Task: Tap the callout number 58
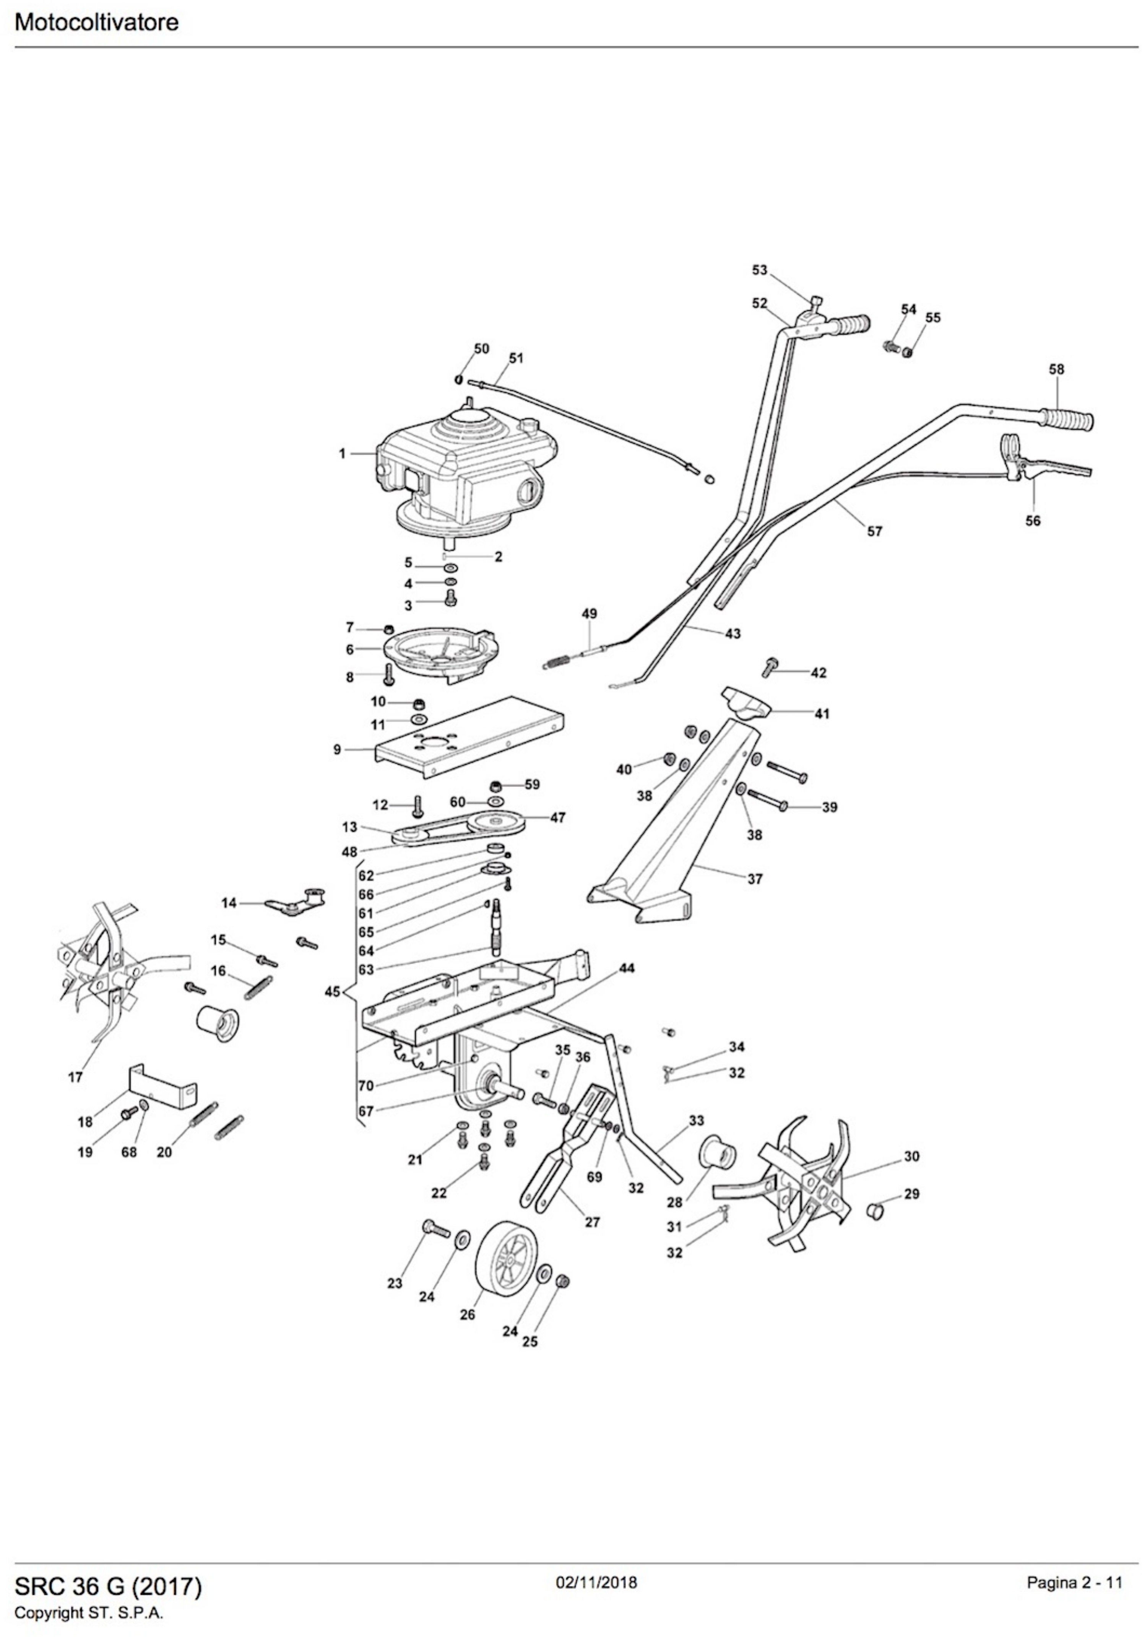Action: point(1056,369)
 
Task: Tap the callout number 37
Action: point(755,879)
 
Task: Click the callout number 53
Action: point(760,270)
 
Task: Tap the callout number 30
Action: point(912,1156)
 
